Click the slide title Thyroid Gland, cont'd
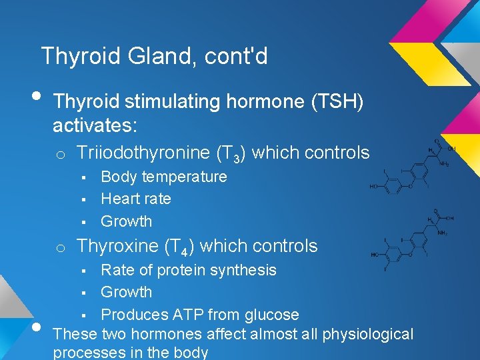154,56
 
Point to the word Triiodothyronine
143,153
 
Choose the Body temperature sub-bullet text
163,177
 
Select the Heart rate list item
136,199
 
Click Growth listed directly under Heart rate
126,221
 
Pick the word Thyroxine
117,246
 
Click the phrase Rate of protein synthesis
188,270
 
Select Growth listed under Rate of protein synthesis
126,292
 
